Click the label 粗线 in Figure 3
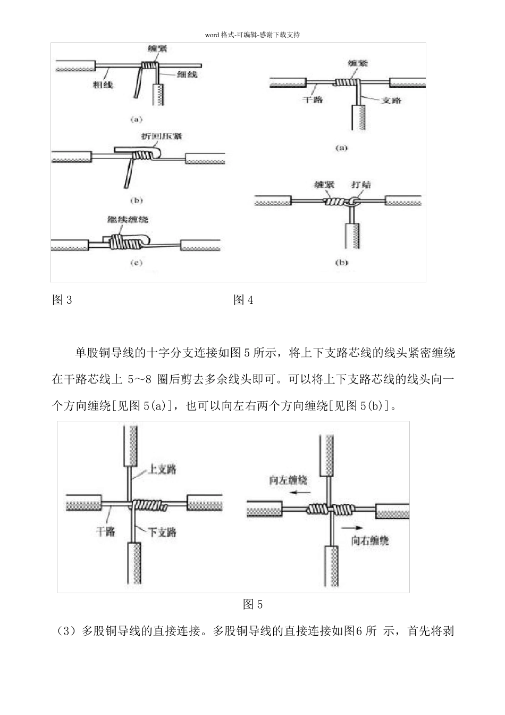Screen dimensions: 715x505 pyautogui.click(x=103, y=84)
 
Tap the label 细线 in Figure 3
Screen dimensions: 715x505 pyautogui.click(x=187, y=75)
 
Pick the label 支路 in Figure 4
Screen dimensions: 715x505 pyautogui.click(x=391, y=99)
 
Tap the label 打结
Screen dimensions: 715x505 pyautogui.click(x=361, y=185)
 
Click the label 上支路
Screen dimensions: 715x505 pyautogui.click(x=162, y=469)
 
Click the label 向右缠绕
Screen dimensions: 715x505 pyautogui.click(x=371, y=540)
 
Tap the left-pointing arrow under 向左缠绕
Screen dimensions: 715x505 pyautogui.click(x=299, y=493)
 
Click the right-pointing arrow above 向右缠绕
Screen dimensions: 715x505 pyautogui.click(x=353, y=527)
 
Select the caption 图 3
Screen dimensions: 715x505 pyautogui.click(x=62, y=300)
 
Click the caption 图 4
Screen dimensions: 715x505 pyautogui.click(x=243, y=300)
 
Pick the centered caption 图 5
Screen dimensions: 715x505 pyautogui.click(x=252, y=604)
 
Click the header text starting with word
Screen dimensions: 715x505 pyautogui.click(x=252, y=35)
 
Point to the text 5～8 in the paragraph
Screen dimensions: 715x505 pyautogui.click(x=140, y=379)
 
